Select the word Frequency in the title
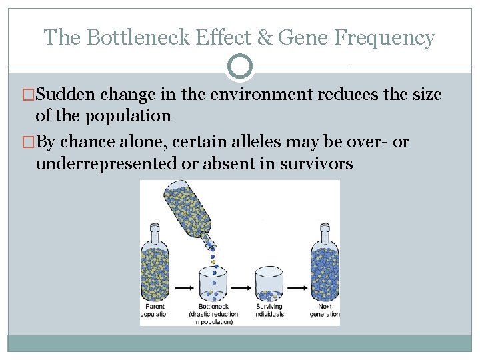click(x=385, y=37)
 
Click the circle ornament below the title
click(x=240, y=67)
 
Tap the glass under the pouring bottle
click(x=214, y=285)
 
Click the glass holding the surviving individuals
click(x=269, y=285)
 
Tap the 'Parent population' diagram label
click(x=155, y=310)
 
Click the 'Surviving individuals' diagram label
click(x=269, y=310)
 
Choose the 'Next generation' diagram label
click(x=325, y=310)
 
